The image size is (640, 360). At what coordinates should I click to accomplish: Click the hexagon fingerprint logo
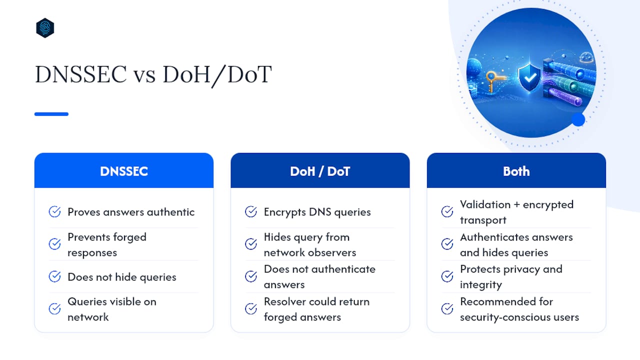pyautogui.click(x=45, y=27)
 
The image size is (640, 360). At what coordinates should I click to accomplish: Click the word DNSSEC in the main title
pyautogui.click(x=81, y=74)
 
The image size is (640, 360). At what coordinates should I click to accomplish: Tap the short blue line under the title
pyautogui.click(x=51, y=114)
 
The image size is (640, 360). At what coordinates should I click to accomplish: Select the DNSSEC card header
pyautogui.click(x=124, y=170)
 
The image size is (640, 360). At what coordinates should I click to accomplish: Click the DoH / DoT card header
pyautogui.click(x=320, y=170)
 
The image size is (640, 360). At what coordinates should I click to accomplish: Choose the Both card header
pyautogui.click(x=516, y=170)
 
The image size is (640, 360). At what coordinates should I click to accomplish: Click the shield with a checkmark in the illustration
pyautogui.click(x=529, y=77)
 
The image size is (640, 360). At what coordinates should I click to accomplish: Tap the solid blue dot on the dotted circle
pyautogui.click(x=578, y=119)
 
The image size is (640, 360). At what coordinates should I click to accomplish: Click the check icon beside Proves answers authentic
pyautogui.click(x=54, y=211)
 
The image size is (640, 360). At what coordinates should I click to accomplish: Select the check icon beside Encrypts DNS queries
pyautogui.click(x=251, y=211)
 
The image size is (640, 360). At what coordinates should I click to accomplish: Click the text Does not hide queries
pyautogui.click(x=122, y=277)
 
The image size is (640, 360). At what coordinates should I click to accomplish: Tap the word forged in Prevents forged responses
pyautogui.click(x=129, y=237)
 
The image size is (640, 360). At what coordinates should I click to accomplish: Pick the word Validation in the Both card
pyautogui.click(x=485, y=204)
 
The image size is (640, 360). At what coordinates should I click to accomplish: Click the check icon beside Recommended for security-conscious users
pyautogui.click(x=447, y=308)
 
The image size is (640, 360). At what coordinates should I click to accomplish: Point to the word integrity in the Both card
pyautogui.click(x=481, y=285)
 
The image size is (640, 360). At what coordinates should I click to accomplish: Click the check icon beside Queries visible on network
pyautogui.click(x=54, y=308)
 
